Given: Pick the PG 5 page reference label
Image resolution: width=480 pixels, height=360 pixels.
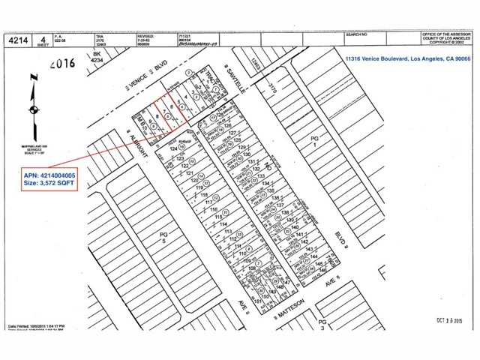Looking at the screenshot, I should (157, 237).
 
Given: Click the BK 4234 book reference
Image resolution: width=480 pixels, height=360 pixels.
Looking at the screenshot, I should (97, 58).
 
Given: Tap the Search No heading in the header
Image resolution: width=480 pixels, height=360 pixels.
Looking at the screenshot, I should (355, 34).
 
